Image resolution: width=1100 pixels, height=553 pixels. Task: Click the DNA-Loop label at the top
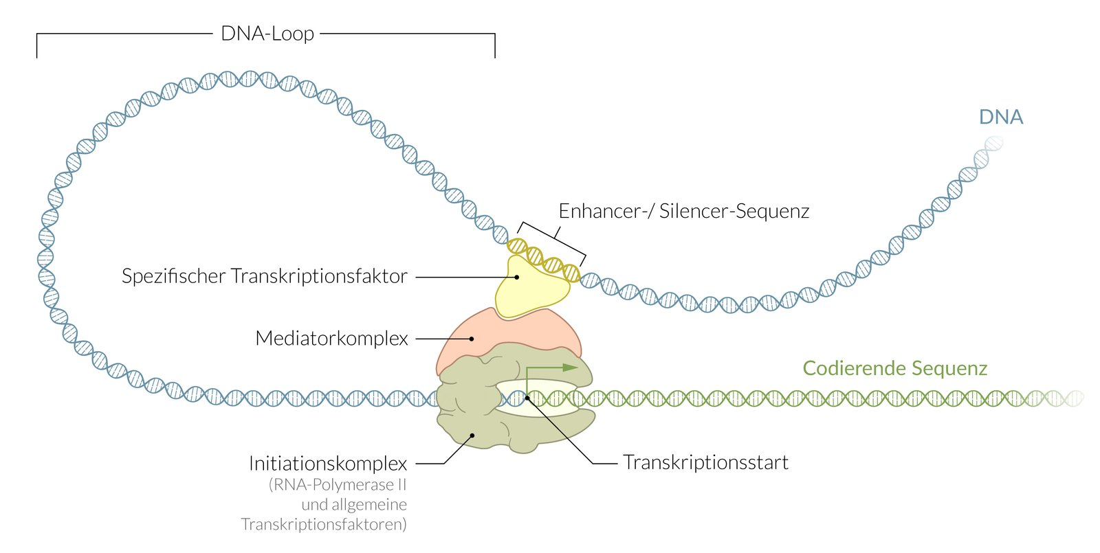pos(267,34)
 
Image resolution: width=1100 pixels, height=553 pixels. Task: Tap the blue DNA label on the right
pos(1000,117)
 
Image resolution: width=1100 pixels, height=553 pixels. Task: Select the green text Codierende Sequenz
pos(894,368)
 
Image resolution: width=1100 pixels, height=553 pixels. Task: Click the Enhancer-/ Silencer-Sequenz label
pos(683,211)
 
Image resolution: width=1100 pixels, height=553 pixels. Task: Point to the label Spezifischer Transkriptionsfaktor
pos(265,276)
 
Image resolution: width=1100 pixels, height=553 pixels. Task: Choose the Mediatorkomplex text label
pos(331,339)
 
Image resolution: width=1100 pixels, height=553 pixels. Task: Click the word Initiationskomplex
pos(328,464)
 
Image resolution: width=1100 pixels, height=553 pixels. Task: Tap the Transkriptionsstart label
pos(705,462)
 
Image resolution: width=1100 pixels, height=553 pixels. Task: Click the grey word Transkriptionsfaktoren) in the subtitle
pos(324,525)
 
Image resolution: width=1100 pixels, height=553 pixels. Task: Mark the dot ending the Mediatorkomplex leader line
pos(472,338)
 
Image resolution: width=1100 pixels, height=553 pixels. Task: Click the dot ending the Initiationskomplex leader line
pos(472,435)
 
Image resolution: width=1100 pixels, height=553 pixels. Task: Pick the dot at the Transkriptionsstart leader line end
pos(527,397)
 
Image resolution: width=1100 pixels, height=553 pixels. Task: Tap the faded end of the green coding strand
pos(1072,398)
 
